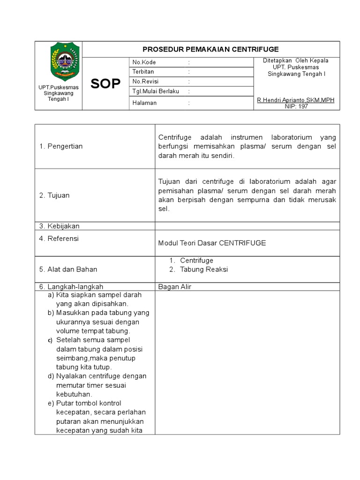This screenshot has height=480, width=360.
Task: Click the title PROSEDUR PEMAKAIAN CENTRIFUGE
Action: tap(210, 49)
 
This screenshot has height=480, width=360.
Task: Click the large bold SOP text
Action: tap(105, 84)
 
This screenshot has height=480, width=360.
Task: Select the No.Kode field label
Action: tap(144, 62)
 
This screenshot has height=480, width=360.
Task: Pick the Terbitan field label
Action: tap(143, 72)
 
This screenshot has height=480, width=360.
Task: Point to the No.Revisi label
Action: tap(146, 82)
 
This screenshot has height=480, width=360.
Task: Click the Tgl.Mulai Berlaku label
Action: tap(156, 91)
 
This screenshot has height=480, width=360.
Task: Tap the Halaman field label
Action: tap(144, 103)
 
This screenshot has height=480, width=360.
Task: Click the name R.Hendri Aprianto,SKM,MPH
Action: tap(296, 101)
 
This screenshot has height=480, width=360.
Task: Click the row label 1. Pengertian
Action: tap(61, 146)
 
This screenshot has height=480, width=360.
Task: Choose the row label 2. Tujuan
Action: tap(54, 195)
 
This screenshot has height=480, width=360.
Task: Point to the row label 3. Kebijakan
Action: tap(60, 226)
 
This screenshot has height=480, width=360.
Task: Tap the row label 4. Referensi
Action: tap(59, 239)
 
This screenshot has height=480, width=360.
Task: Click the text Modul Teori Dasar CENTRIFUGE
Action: tap(212, 243)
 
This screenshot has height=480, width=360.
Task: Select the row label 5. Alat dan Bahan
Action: tap(68, 270)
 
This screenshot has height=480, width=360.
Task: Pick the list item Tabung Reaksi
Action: tap(204, 270)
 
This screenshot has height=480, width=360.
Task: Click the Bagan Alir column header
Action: tap(174, 287)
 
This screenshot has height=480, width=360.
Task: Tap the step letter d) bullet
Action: tap(51, 376)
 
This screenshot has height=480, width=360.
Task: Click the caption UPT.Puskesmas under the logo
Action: tap(59, 88)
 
